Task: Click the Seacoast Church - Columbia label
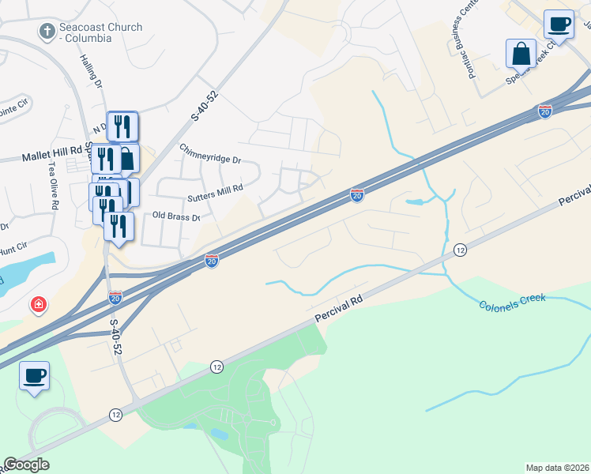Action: pyautogui.click(x=102, y=32)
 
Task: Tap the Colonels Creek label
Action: pyautogui.click(x=511, y=303)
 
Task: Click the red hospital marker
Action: pyautogui.click(x=38, y=305)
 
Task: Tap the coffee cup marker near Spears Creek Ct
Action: pyautogui.click(x=559, y=24)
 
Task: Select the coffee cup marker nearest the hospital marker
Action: pyautogui.click(x=34, y=376)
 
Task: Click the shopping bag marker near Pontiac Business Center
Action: pyautogui.click(x=521, y=54)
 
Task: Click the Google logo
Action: pyautogui.click(x=26, y=465)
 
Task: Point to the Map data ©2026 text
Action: pyautogui.click(x=557, y=468)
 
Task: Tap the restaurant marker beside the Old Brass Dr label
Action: pyautogui.click(x=119, y=227)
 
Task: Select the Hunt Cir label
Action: pyautogui.click(x=13, y=250)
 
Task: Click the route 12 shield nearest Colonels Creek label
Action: pyautogui.click(x=461, y=250)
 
